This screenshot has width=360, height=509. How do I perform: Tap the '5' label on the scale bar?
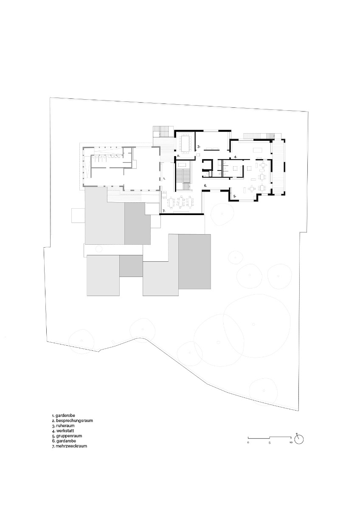tap(270, 442)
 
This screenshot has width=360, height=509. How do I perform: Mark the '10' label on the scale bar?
tap(290, 442)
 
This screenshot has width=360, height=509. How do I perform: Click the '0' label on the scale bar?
tap(248, 442)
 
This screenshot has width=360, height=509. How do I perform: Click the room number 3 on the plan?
tap(198, 146)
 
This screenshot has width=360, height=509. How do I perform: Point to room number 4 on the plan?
tap(235, 157)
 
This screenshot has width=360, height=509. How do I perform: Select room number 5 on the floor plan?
tap(234, 196)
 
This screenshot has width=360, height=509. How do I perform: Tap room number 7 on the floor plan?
tap(163, 211)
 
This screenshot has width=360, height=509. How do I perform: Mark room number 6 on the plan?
tap(205, 186)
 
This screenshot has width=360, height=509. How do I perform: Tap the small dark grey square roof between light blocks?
tap(131, 266)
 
